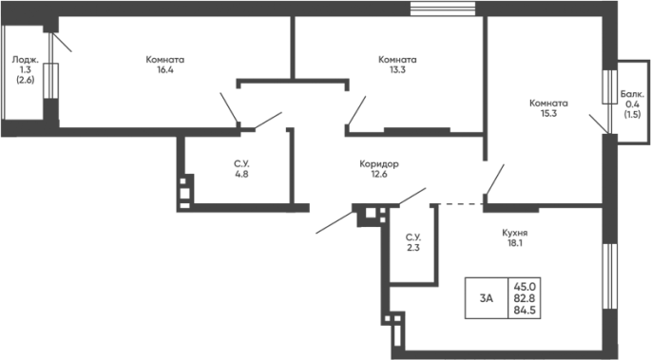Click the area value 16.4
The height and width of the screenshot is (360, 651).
(164, 69)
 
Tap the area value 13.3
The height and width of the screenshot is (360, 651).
(397, 69)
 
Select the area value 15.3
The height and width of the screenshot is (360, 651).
(548, 113)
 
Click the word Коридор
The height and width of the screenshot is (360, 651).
(379, 163)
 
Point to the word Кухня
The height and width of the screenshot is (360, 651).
(514, 233)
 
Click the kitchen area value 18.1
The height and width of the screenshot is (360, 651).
(514, 243)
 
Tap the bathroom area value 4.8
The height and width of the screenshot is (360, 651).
(241, 174)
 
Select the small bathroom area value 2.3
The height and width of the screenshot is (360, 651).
(413, 248)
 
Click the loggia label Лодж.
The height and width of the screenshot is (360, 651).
(26, 60)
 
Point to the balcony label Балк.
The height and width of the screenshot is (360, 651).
(632, 94)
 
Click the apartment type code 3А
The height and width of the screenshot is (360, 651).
(487, 298)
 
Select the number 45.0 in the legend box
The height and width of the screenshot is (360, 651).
(525, 286)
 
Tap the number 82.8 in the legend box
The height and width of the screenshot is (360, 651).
(525, 298)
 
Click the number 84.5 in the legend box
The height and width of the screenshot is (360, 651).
(525, 310)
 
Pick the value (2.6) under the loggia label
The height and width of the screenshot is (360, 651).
(26, 80)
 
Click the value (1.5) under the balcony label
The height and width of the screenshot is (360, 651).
(632, 115)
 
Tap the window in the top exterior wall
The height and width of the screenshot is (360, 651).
(443, 9)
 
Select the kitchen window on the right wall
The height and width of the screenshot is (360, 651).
(609, 276)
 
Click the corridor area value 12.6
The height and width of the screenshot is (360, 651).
(379, 174)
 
